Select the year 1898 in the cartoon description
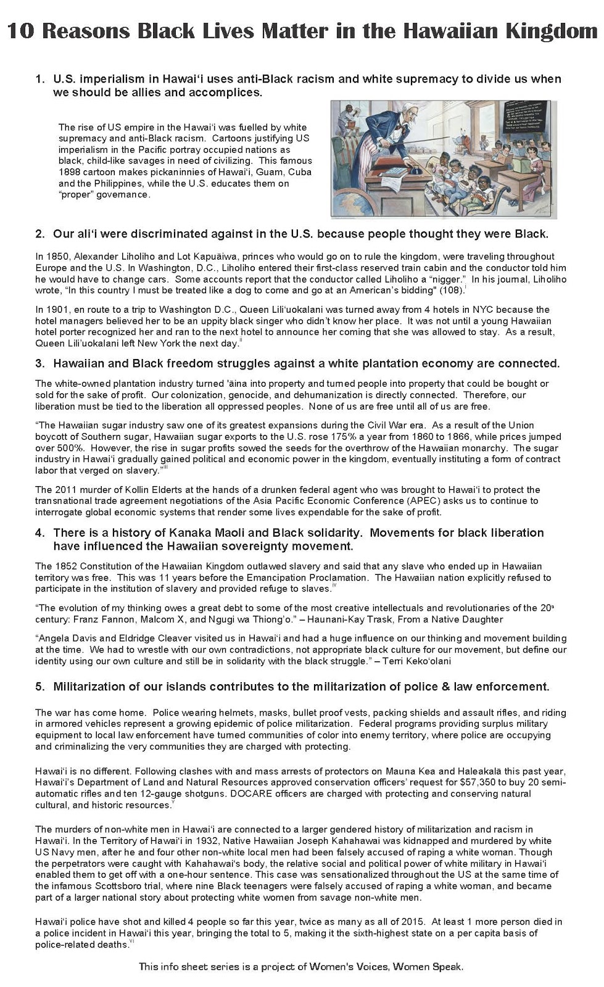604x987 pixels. [x=71, y=172]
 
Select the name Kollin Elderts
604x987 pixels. [x=139, y=490]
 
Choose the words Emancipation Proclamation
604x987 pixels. [x=316, y=578]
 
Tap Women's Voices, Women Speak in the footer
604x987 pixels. [x=399, y=967]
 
